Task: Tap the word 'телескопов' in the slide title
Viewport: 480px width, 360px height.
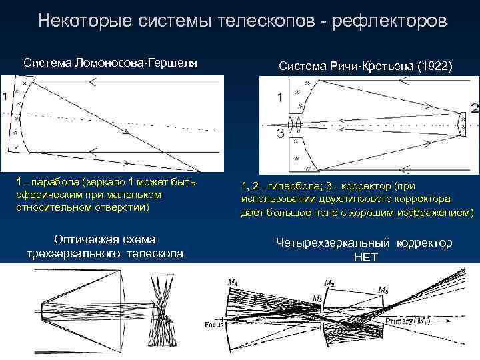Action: coord(266,21)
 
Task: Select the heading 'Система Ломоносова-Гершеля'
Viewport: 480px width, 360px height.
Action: coord(110,63)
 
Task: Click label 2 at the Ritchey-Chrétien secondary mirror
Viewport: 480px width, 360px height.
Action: coord(474,108)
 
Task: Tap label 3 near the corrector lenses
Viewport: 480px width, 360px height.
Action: coord(280,133)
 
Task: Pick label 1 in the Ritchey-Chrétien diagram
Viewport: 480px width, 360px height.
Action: coord(281,98)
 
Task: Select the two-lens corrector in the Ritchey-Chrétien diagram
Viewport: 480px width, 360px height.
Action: coord(295,125)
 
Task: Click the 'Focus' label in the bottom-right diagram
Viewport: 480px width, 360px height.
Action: coord(215,325)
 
